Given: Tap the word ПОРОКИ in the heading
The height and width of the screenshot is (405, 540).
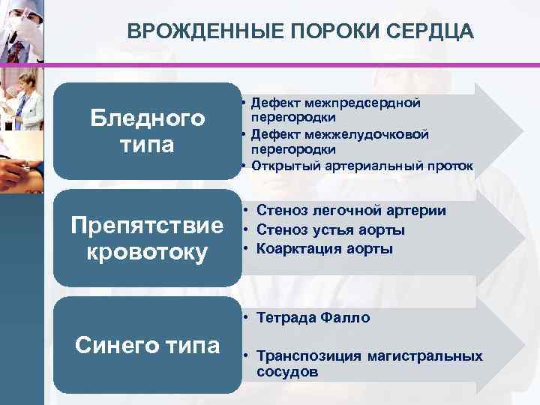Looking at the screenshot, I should (329, 31).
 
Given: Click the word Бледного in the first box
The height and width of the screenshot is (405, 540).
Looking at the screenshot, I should (147, 118).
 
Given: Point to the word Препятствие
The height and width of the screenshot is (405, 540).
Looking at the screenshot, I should (147, 225).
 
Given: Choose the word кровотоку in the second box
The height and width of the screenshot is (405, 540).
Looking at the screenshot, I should (147, 253).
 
